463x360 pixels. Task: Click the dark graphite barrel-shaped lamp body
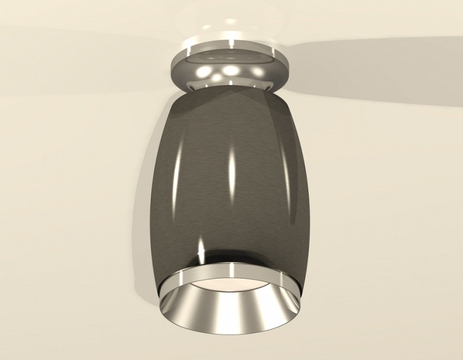(193, 176)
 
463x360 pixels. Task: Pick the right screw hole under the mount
(268, 87)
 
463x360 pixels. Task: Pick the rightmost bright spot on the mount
(258, 72)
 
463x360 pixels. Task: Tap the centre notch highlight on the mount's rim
(231, 43)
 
